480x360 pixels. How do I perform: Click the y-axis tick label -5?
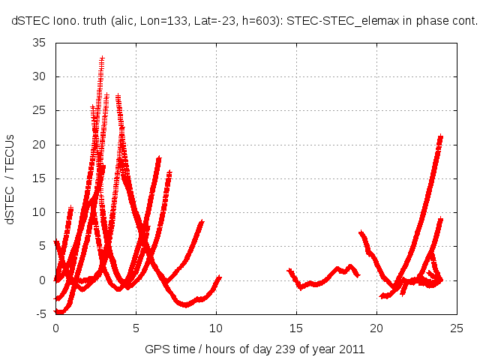(x=42, y=314)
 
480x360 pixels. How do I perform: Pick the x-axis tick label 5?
(x=136, y=328)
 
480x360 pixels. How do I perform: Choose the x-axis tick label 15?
(x=296, y=328)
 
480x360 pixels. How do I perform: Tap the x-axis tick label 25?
(x=457, y=328)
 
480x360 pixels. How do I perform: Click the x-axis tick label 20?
(x=376, y=328)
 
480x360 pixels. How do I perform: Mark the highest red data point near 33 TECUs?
(x=102, y=58)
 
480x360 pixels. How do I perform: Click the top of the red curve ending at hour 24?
(x=440, y=138)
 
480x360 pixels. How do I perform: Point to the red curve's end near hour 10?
(x=219, y=277)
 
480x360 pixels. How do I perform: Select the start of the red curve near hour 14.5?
(x=289, y=271)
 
